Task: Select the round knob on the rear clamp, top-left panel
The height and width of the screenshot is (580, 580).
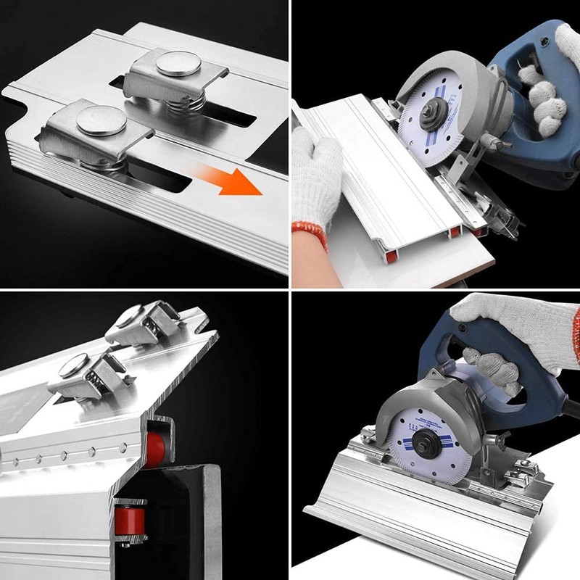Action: pos(178,64)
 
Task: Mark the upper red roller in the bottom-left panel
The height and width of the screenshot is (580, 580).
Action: pos(154,448)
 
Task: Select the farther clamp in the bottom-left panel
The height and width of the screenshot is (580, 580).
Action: pos(145,323)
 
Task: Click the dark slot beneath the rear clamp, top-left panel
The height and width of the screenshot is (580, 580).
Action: pos(232,116)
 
